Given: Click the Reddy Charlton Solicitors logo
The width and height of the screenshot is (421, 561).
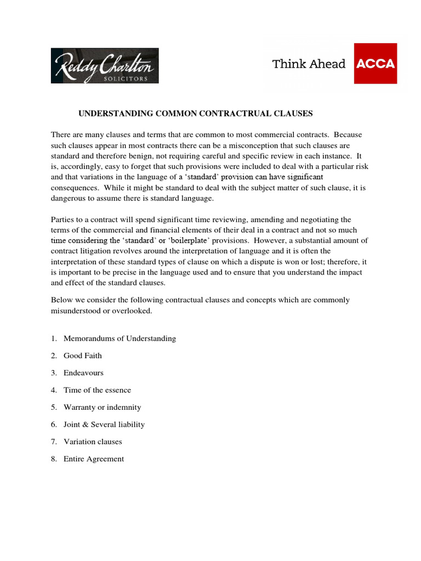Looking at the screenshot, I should pos(105,66).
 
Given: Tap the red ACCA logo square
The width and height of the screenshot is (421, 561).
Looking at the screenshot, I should pos(376,64).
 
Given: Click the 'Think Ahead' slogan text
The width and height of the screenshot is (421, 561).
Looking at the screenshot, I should pos(309,64).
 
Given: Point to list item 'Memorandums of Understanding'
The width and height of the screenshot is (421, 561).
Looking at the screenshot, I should pos(120,338).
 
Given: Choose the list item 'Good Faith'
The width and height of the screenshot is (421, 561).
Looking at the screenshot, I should pos(83,356).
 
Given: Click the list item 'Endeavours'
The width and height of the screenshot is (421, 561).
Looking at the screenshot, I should pos(83,373).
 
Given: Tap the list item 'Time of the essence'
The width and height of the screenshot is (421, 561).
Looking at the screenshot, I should pos(97,390).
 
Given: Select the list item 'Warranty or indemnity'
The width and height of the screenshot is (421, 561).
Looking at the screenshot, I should pos(102,407).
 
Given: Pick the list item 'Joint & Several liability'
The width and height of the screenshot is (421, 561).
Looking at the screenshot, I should pos(104,425).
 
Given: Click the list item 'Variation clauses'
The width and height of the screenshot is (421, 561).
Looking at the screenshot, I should pos(93,442).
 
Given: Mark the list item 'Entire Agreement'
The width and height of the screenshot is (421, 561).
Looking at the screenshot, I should pos(94,459).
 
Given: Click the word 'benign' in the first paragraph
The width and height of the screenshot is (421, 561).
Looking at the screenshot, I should pos(140,156).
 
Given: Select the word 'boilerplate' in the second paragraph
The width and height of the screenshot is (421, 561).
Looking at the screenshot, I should pos(189,241).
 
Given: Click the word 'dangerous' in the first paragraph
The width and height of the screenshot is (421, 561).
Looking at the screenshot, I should pos(70,198).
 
